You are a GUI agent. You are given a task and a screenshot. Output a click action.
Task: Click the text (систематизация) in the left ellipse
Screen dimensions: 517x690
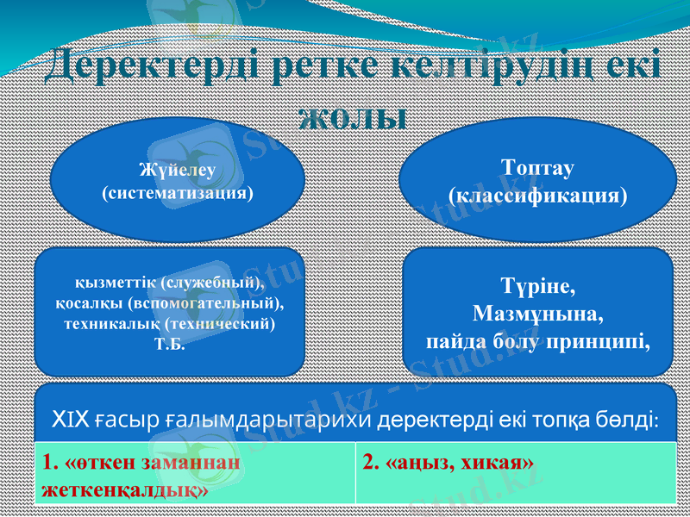[x=178, y=192]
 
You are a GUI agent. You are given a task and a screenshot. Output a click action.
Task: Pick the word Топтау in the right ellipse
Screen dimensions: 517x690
[x=537, y=166]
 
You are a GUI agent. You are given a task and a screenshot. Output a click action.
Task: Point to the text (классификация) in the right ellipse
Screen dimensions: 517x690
[x=537, y=196]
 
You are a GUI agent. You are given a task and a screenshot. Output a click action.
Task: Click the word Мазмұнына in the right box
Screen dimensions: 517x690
[x=537, y=312]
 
